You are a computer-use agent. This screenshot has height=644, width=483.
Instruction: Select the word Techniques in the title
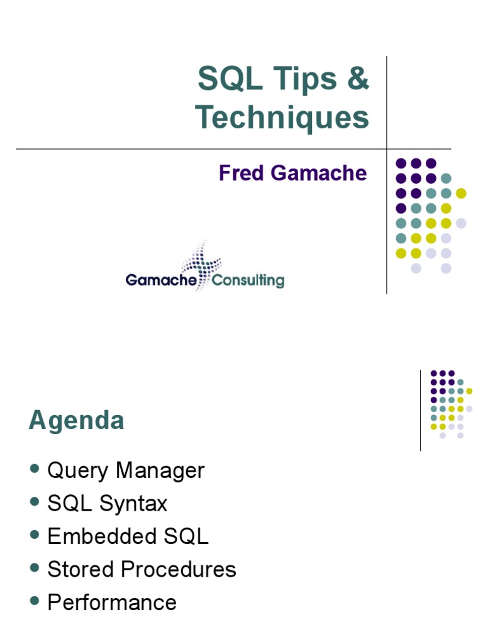[x=282, y=118]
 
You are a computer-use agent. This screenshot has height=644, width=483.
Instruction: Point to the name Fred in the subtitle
[x=239, y=173]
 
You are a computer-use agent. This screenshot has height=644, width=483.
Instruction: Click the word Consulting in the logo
[x=248, y=280]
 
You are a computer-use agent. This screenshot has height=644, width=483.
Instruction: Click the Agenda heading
[x=76, y=421]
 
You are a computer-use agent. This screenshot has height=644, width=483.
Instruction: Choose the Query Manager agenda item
[x=126, y=471]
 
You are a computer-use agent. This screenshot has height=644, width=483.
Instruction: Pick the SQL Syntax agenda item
[x=108, y=504]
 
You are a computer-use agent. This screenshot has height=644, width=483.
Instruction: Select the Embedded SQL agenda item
[x=128, y=536]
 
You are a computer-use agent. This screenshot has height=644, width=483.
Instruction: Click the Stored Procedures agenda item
[x=142, y=569]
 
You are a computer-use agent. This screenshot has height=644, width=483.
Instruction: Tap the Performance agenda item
[x=112, y=602]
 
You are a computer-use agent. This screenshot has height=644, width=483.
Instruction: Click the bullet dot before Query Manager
[x=35, y=469]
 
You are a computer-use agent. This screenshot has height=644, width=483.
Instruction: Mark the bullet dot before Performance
[x=35, y=601]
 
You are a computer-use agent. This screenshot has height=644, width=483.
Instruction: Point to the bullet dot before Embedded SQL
[x=35, y=535]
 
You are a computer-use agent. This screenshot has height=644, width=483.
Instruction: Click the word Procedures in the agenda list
[x=179, y=569]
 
